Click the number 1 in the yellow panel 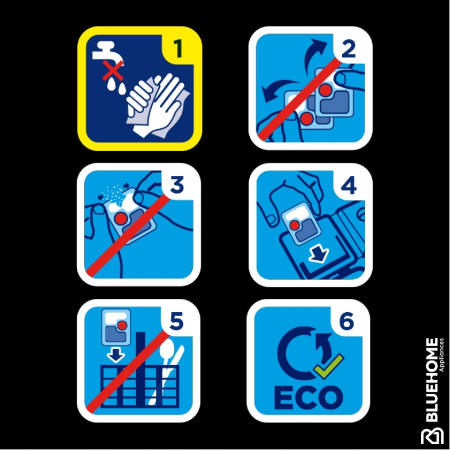(x=178, y=48)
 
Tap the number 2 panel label (x=348, y=50)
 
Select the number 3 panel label (x=177, y=185)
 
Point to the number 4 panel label (x=348, y=185)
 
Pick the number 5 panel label (x=177, y=321)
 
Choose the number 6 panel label (x=346, y=321)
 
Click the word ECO (x=309, y=397)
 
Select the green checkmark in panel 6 (x=329, y=366)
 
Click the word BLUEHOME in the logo (x=432, y=380)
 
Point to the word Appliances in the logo (x=442, y=355)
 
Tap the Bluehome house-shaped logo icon (x=432, y=437)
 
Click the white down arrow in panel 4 (x=318, y=254)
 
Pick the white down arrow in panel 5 (x=115, y=355)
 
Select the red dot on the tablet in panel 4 (x=295, y=225)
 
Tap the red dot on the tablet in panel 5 (x=123, y=325)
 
